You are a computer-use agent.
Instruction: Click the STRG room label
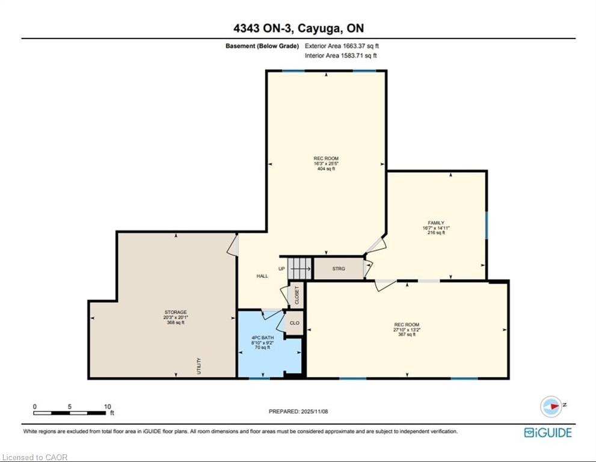pos(339,268)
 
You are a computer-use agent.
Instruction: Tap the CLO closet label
pos(295,323)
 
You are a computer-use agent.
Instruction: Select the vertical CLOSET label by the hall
pos(297,295)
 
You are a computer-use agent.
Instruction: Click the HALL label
pos(262,276)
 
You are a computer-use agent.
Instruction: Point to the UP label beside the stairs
pos(281,269)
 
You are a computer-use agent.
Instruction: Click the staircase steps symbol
pos(300,268)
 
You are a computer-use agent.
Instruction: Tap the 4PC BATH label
pos(263,337)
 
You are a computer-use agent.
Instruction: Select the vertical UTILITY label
pos(199,366)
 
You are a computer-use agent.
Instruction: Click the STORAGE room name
pos(176,312)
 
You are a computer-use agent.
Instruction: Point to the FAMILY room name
pos(436,223)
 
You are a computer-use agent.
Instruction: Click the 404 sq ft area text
pos(326,168)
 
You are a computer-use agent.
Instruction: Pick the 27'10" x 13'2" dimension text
pos(407,330)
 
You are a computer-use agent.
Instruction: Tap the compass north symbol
pos(551,406)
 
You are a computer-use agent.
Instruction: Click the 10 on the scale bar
pos(108,407)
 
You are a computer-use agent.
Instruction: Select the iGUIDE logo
pos(548,433)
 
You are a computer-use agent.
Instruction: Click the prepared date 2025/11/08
pos(315,411)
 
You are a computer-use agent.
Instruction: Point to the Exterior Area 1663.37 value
pos(361,46)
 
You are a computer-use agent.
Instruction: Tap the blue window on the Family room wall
pos(487,225)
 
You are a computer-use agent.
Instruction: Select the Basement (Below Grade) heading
pos(262,46)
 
